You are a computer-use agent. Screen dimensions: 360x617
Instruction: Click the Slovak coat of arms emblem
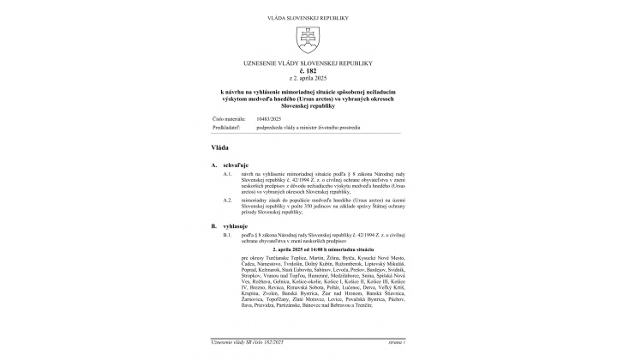click(x=308, y=37)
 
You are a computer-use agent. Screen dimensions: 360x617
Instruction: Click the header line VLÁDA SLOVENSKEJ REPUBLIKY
click(x=308, y=16)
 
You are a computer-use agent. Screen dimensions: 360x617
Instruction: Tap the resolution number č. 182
click(x=308, y=72)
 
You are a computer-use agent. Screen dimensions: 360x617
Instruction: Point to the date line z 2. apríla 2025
click(x=308, y=79)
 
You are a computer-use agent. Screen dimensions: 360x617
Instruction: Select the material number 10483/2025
click(x=256, y=118)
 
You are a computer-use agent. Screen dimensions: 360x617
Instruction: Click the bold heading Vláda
click(x=219, y=147)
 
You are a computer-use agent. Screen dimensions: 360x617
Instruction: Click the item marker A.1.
click(x=227, y=173)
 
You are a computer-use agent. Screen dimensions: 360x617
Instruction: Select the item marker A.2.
click(x=227, y=199)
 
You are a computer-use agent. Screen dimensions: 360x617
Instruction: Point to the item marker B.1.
click(x=227, y=234)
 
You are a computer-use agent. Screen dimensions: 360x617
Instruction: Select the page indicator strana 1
click(x=395, y=341)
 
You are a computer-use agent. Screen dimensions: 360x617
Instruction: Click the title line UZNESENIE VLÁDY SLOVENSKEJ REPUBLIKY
click(x=308, y=64)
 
